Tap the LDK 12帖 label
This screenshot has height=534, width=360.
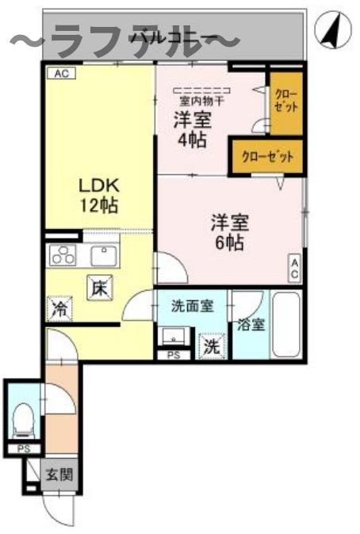(x=98, y=195)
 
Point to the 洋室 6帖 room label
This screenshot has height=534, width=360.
(x=228, y=231)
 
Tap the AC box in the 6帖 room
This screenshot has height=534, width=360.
(x=294, y=269)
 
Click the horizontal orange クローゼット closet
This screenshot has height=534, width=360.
(x=267, y=156)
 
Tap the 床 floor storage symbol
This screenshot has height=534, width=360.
(x=99, y=288)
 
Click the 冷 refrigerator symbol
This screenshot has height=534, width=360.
(x=59, y=308)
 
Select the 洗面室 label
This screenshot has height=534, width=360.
(x=193, y=305)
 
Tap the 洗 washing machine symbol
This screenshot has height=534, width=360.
(x=211, y=345)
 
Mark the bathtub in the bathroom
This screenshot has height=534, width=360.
(x=286, y=326)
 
